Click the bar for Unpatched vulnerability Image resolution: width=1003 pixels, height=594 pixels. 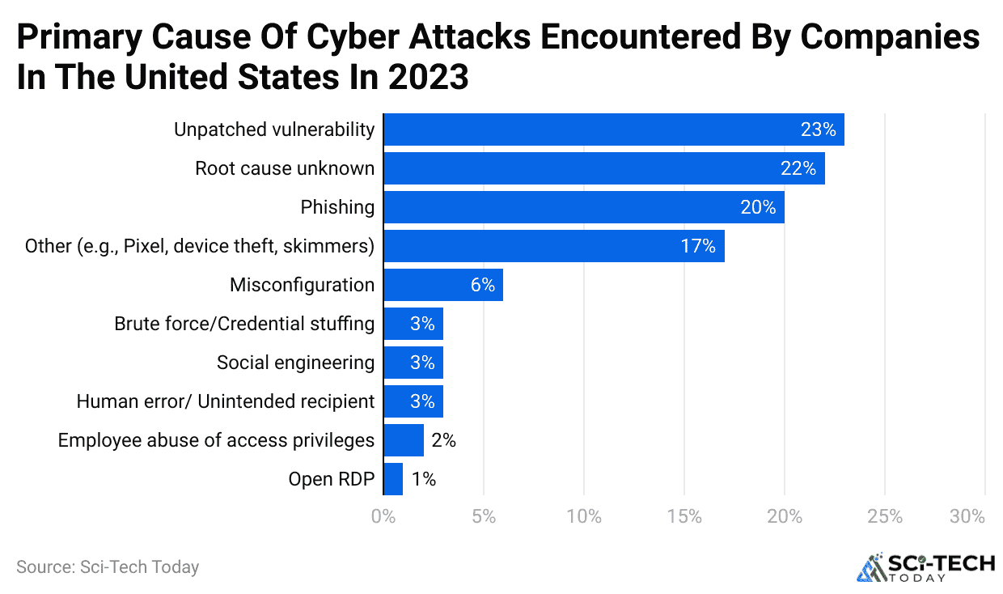pyautogui.click(x=613, y=129)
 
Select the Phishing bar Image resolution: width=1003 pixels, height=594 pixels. pyautogui.click(x=583, y=207)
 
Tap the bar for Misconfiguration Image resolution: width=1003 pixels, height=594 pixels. pyautogui.click(x=442, y=285)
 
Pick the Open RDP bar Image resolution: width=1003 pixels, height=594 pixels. pyautogui.click(x=393, y=479)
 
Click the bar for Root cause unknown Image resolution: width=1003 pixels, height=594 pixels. pyautogui.click(x=603, y=168)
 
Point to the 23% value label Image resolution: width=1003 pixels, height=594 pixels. pyautogui.click(x=819, y=129)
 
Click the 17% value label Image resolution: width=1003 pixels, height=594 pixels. pyautogui.click(x=698, y=246)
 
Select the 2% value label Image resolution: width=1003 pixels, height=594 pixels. pyautogui.click(x=444, y=440)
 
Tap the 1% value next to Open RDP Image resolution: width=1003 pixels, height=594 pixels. pyautogui.click(x=424, y=479)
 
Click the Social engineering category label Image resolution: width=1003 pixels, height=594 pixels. pyautogui.click(x=295, y=363)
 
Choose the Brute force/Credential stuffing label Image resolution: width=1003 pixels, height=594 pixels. pyautogui.click(x=244, y=324)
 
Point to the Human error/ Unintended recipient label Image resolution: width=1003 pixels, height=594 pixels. pyautogui.click(x=225, y=401)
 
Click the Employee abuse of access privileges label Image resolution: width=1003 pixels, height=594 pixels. pyautogui.click(x=216, y=440)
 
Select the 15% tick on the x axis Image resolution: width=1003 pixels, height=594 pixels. pyautogui.click(x=684, y=517)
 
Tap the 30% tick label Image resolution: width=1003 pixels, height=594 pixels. pyautogui.click(x=967, y=517)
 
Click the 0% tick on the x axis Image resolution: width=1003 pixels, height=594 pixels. pyautogui.click(x=383, y=517)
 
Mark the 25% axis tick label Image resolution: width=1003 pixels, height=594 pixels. pyautogui.click(x=885, y=517)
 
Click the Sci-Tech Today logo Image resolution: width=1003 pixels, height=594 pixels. pyautogui.click(x=925, y=567)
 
